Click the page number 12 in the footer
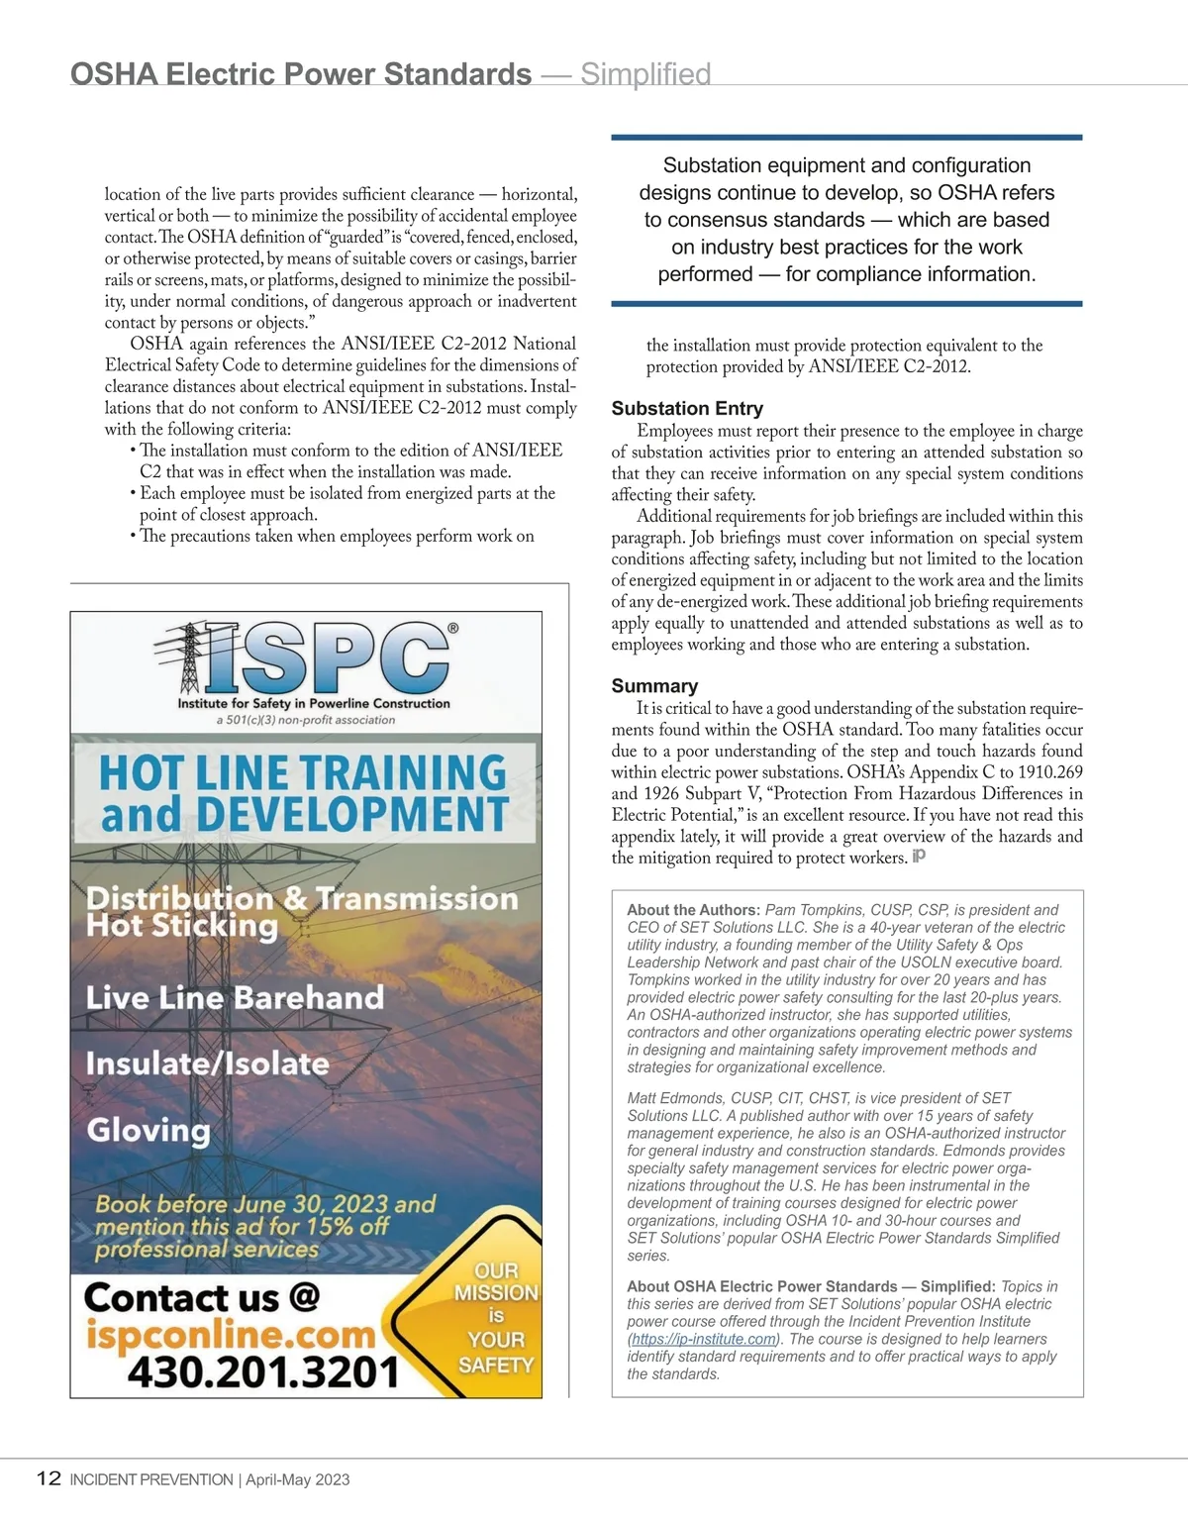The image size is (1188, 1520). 49,1478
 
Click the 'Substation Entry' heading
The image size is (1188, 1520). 687,408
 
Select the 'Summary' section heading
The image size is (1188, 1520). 654,685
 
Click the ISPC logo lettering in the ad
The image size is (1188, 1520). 327,659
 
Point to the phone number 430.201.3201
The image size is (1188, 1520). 262,1372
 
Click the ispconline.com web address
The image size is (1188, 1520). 231,1334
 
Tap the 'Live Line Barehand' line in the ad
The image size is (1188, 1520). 235,997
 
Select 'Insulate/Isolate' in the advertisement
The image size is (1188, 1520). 207,1064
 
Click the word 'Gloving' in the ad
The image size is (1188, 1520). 148,1130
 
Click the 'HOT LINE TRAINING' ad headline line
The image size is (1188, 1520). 303,771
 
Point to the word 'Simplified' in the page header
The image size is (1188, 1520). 645,74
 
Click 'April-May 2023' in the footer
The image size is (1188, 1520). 297,1479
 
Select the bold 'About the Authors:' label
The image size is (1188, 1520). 693,910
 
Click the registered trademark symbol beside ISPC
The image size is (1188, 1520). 452,628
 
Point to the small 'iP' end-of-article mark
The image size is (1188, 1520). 919,856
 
